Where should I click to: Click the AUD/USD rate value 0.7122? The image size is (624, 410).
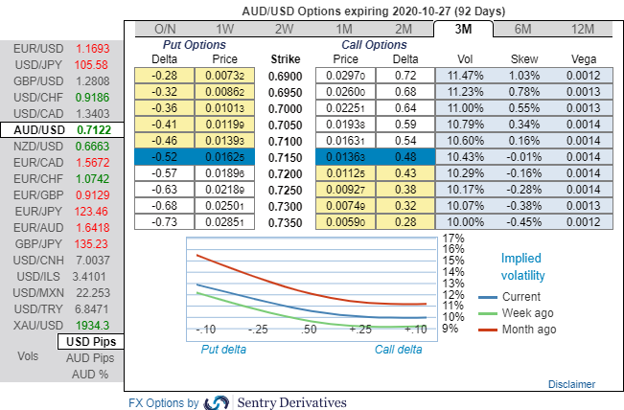click(94, 129)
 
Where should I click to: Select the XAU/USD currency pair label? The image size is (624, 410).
click(34, 325)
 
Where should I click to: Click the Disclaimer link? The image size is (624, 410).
click(571, 384)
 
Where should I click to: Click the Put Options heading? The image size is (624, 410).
click(195, 44)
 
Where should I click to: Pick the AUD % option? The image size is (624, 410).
click(91, 374)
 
